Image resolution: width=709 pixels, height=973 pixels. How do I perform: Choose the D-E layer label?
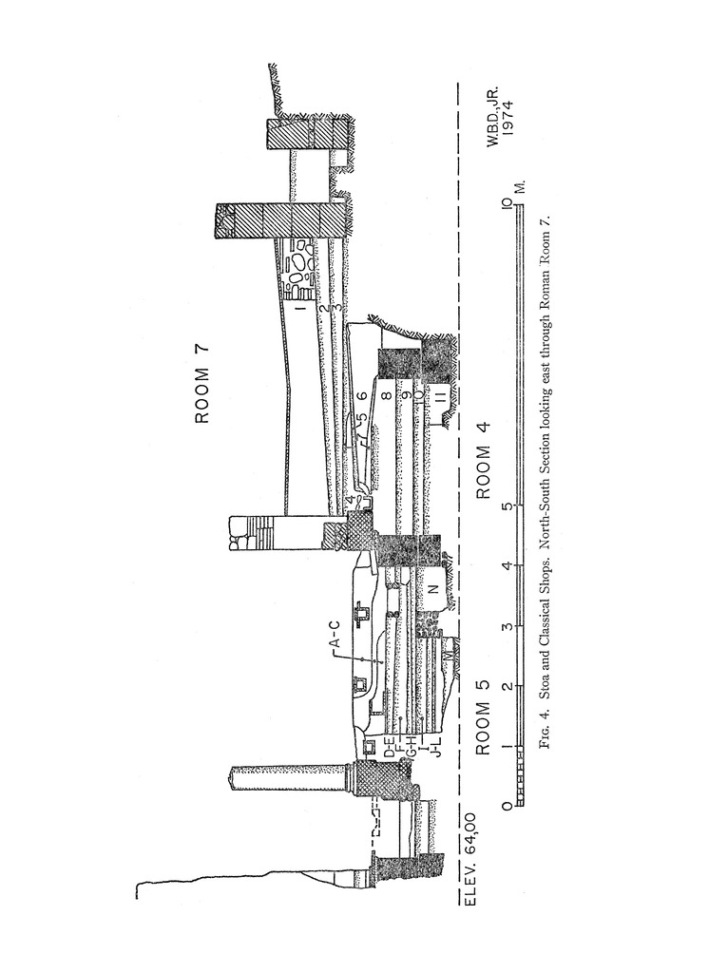click(x=390, y=748)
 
